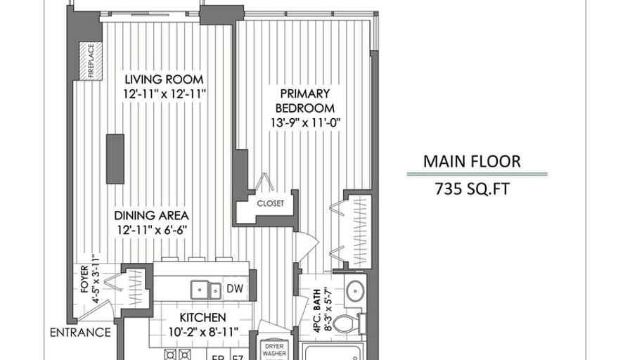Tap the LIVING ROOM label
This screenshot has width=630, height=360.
[x=164, y=79]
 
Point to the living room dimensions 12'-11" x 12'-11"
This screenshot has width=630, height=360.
[x=164, y=94]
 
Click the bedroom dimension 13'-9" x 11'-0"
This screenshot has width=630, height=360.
[x=304, y=122]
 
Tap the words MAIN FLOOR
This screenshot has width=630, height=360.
[x=472, y=161]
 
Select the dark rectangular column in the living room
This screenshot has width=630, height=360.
[x=115, y=158]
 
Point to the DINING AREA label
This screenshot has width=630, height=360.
[x=153, y=216]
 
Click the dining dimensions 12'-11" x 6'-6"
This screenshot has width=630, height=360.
[x=153, y=230]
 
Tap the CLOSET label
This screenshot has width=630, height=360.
[x=271, y=203]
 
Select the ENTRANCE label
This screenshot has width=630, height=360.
[x=80, y=333]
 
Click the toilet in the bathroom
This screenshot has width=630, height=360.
[x=346, y=323]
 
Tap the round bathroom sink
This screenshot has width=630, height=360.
[x=354, y=289]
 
